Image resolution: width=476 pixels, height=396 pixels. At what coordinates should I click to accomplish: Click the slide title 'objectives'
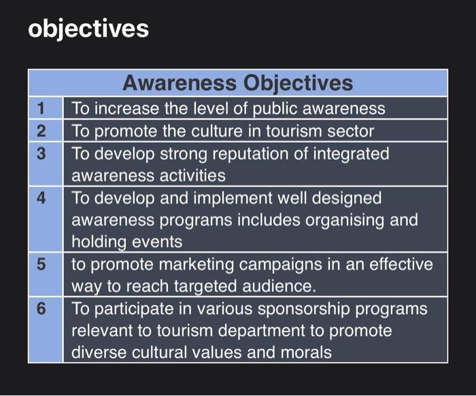(88, 29)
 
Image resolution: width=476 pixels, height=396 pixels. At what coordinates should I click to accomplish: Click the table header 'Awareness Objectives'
(237, 83)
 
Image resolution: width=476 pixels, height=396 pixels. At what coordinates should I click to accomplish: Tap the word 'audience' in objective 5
(283, 286)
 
